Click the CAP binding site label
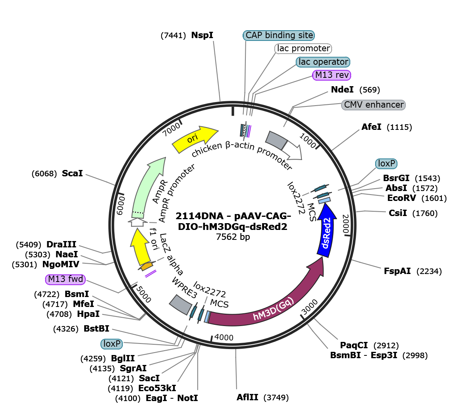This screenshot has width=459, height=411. point(279,35)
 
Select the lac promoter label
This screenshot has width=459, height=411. point(303,48)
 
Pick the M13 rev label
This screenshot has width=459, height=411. point(332,75)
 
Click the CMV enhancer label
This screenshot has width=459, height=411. point(373,105)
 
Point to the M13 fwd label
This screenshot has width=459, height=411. point(66,280)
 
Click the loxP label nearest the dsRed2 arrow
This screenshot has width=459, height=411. point(386,164)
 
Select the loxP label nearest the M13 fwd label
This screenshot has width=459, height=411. point(112,344)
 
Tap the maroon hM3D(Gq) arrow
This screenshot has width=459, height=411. point(270,310)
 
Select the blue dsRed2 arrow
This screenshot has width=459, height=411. point(327,234)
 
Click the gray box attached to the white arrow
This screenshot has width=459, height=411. point(276,140)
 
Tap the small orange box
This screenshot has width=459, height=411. point(147,265)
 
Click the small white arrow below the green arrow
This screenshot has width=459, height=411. point(137,222)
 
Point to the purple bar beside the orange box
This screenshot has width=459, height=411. point(150,273)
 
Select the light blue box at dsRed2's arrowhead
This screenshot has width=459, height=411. point(324,201)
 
